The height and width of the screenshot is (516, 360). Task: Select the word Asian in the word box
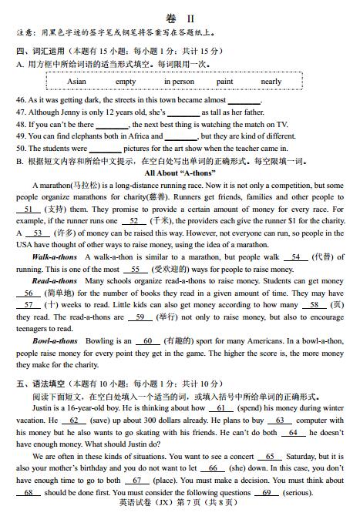click(76, 82)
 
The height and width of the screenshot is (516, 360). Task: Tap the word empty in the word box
click(126, 82)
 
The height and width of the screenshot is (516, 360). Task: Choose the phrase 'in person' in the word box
click(179, 82)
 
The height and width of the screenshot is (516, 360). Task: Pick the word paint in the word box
click(225, 82)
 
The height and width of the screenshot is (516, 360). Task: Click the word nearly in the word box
click(271, 82)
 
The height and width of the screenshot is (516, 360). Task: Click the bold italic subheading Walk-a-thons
click(55, 257)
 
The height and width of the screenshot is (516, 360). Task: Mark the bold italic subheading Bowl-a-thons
click(55, 341)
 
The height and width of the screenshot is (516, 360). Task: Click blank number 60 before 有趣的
click(146, 341)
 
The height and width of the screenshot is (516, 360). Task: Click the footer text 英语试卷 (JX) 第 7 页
click(173, 506)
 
